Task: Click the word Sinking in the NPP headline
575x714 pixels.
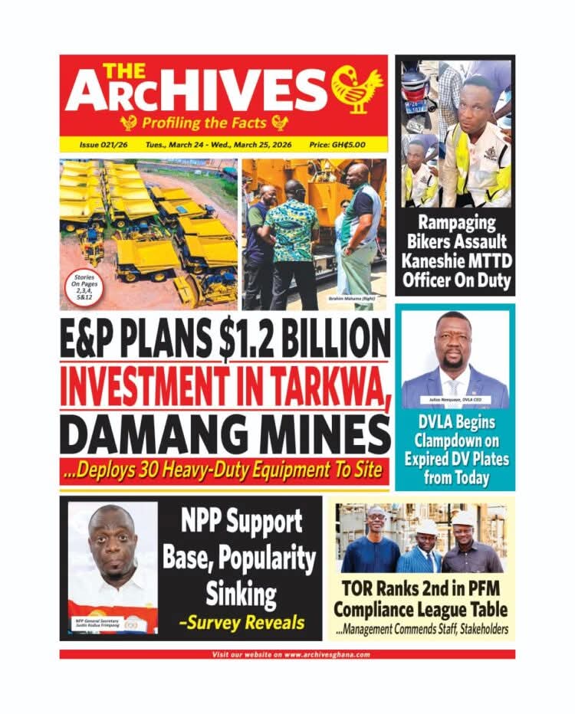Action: (239, 592)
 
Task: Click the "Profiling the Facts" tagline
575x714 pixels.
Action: (204, 122)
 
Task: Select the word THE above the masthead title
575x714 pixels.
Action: (121, 69)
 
